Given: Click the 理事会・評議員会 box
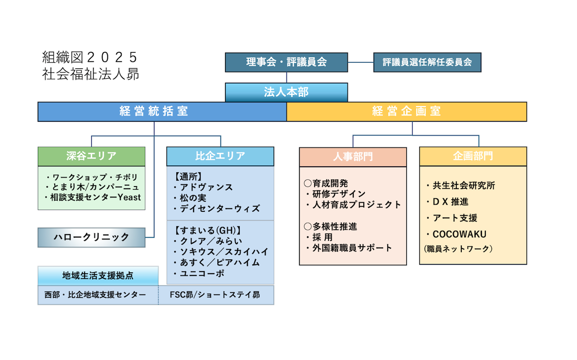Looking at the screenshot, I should click(x=286, y=62).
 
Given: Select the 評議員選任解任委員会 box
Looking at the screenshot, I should click(x=427, y=62).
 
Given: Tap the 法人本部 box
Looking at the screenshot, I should click(x=286, y=92).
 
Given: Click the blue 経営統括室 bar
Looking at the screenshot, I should click(x=162, y=112).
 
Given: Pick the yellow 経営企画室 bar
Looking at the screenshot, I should click(x=406, y=112).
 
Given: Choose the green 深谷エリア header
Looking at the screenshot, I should click(x=91, y=156).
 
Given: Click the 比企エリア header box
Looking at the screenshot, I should click(x=220, y=156).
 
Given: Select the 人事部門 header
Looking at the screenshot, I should click(x=352, y=157).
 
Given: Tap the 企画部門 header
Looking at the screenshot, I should click(x=473, y=157).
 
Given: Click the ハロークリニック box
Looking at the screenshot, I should click(x=91, y=237).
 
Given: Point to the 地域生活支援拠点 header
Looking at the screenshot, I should click(x=98, y=276).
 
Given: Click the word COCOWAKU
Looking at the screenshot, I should click(x=459, y=234).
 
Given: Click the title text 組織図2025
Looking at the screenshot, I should click(x=89, y=57).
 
